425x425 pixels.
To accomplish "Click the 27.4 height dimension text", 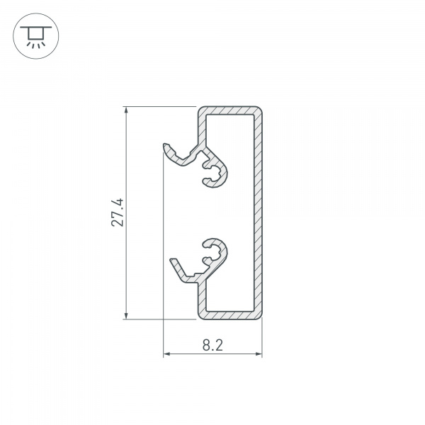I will (118, 212).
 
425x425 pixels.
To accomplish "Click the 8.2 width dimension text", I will (212, 346).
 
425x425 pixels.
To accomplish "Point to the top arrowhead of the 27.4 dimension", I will (126, 110).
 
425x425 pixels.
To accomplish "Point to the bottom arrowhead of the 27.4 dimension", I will (126, 315).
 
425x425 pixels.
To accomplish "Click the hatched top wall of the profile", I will (230, 112).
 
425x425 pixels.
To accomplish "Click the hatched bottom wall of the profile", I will (230, 314).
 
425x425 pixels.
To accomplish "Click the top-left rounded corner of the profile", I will (201, 112).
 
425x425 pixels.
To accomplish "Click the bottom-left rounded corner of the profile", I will (201, 314).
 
